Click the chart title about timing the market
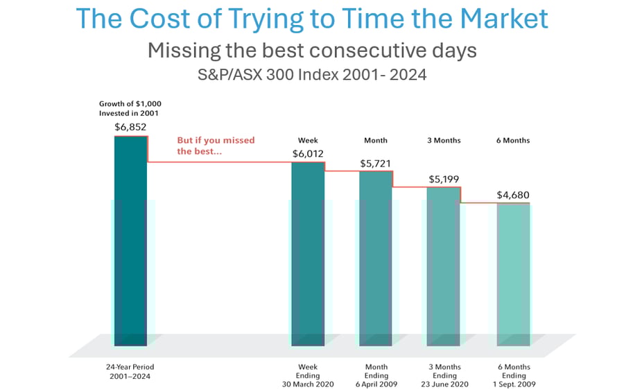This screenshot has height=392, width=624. coord(311,19)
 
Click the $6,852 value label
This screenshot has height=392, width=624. coord(130,127)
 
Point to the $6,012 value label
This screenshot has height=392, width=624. coord(307,153)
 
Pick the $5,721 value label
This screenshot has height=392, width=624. coord(375,164)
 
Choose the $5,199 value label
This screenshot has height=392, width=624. coord(444,179)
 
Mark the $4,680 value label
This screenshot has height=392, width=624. coord(513,195)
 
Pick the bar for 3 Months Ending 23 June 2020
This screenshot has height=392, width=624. coord(444,266)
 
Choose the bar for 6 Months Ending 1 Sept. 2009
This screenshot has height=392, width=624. coord(513,274)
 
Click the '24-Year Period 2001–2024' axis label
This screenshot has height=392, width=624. coord(131,371)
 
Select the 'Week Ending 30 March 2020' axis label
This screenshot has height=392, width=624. coord(307,375)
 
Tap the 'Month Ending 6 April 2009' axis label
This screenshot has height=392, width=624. coord(375,375)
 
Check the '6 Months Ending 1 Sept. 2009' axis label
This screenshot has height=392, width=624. coord(513,375)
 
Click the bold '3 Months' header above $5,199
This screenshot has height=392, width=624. coord(444,140)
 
